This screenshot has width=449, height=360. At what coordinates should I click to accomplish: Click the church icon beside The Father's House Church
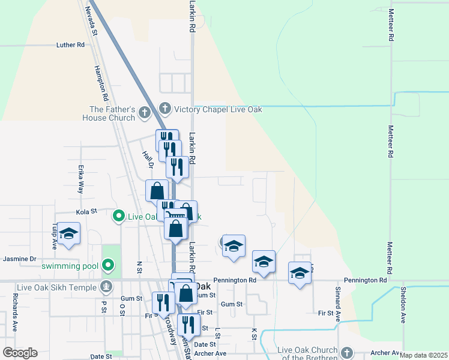143,112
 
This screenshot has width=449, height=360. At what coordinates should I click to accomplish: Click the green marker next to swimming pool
108,265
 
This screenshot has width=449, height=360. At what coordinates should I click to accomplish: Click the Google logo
20,353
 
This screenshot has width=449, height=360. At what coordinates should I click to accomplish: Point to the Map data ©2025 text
423,356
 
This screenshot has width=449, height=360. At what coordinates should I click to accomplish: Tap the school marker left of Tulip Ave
69,234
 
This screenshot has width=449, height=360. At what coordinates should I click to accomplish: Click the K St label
254,334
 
